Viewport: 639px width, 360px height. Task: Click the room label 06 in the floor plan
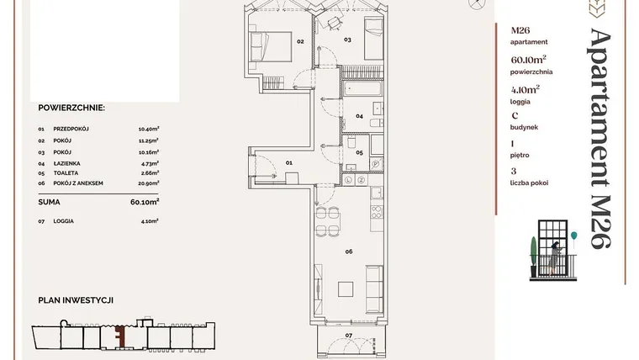[349, 251]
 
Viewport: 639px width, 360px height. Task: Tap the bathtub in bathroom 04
[362, 88]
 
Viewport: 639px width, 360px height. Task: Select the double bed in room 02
[270, 46]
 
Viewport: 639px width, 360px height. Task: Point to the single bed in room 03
[373, 40]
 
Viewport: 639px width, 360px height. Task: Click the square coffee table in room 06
[346, 289]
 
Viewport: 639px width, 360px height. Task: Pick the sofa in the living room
[374, 289]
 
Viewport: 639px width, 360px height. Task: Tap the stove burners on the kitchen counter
[377, 212]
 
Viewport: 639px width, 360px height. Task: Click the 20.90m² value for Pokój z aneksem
[148, 183]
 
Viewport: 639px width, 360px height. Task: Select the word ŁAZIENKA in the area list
[66, 163]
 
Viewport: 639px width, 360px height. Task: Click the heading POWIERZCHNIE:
[71, 108]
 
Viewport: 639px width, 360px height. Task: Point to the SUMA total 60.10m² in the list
[145, 202]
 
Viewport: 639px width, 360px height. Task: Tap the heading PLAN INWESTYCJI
[76, 300]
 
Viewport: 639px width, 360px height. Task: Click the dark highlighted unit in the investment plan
[119, 336]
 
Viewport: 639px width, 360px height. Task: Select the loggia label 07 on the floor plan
[349, 336]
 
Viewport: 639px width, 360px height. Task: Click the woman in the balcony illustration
[554, 257]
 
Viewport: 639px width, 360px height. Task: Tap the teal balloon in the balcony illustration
[573, 236]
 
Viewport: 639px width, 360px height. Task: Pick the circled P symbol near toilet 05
[376, 164]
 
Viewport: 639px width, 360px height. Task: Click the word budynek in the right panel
[524, 127]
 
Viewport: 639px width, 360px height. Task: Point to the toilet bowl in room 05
[351, 142]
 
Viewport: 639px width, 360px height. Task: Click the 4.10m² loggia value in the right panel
[525, 89]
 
